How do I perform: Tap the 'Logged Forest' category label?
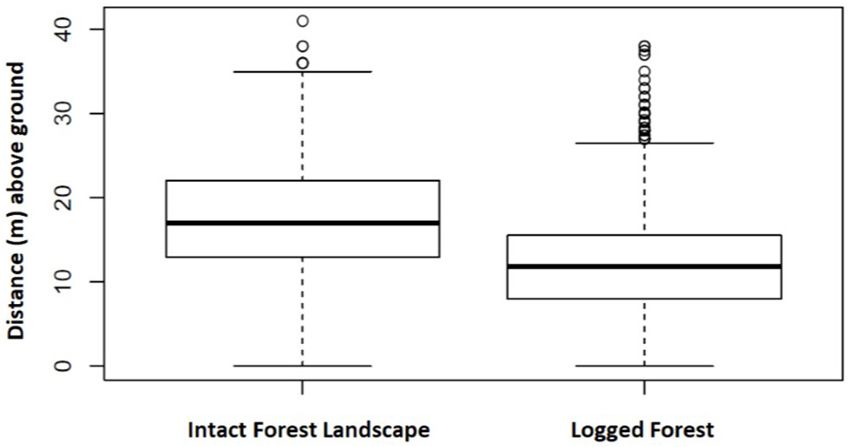pyautogui.click(x=644, y=429)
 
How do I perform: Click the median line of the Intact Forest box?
pyautogui.click(x=302, y=223)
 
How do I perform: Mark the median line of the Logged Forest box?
pyautogui.click(x=644, y=266)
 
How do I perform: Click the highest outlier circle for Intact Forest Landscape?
pyautogui.click(x=302, y=21)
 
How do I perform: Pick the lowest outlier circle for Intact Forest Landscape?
pyautogui.click(x=302, y=63)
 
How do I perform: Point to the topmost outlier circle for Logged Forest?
pyautogui.click(x=644, y=46)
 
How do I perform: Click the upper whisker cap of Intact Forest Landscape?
pyautogui.click(x=302, y=72)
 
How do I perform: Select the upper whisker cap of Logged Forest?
pyautogui.click(x=644, y=143)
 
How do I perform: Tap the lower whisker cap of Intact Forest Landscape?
pyautogui.click(x=302, y=366)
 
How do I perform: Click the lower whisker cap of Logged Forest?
pyautogui.click(x=644, y=366)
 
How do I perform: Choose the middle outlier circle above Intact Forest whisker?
pyautogui.click(x=302, y=46)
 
